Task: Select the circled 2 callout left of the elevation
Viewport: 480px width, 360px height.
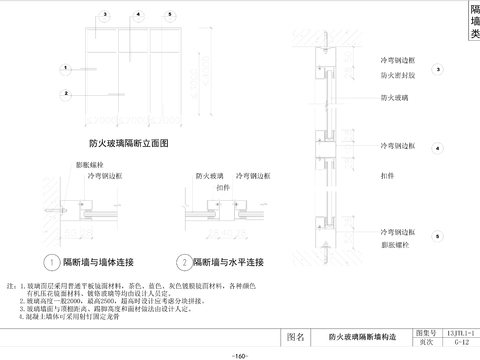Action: (63, 94)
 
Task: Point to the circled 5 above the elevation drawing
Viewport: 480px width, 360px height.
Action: (171, 16)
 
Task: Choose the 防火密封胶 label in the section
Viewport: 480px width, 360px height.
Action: (397, 74)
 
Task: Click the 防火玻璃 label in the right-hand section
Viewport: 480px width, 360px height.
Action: (393, 97)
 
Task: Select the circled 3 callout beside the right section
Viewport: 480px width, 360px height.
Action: (438, 69)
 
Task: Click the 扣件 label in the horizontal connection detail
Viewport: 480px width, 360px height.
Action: (223, 186)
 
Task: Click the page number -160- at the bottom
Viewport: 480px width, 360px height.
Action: (240, 355)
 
